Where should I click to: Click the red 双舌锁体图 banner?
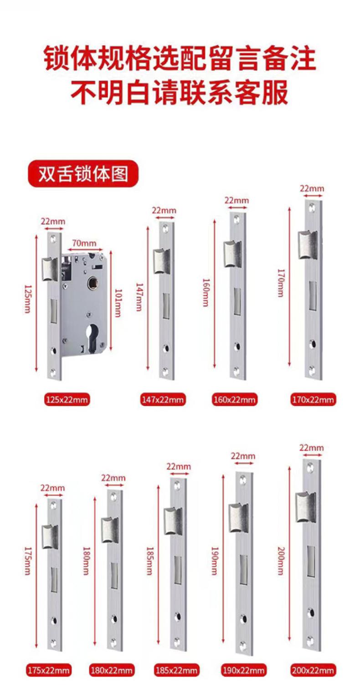pos(82,174)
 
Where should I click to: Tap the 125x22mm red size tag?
pos(67,400)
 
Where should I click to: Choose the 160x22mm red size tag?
pos(235,400)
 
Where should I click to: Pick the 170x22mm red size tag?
pos(313,400)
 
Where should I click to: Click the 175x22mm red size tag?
pos(48,670)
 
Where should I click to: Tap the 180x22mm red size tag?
pos(112,670)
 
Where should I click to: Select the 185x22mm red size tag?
pos(176,670)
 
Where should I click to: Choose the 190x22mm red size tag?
pos(244,670)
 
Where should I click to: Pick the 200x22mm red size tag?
pos(313,670)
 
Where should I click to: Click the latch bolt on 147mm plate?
pos(162,261)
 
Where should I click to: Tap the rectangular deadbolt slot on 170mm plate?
pos(313,294)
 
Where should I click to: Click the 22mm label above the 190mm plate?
pos(242,456)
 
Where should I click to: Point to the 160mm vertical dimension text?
pos(206,291)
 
